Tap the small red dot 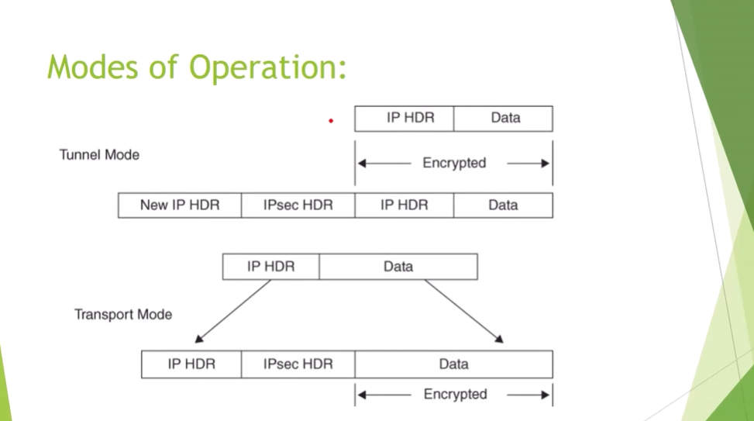point(331,121)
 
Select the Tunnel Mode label point(99,155)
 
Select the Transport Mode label point(123,315)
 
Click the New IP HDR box point(180,205)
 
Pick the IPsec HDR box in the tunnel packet point(298,205)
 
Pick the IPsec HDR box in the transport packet point(298,364)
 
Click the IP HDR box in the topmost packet point(405,119)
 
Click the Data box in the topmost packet point(504,119)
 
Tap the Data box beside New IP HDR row point(504,205)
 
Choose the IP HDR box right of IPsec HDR point(405,205)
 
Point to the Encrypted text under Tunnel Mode point(454,164)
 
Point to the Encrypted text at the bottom point(455,395)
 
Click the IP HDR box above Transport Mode point(270,267)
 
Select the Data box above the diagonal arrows point(398,267)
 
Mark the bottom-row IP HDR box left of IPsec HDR point(191,364)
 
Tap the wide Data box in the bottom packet point(454,364)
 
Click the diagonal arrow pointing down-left point(232,311)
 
